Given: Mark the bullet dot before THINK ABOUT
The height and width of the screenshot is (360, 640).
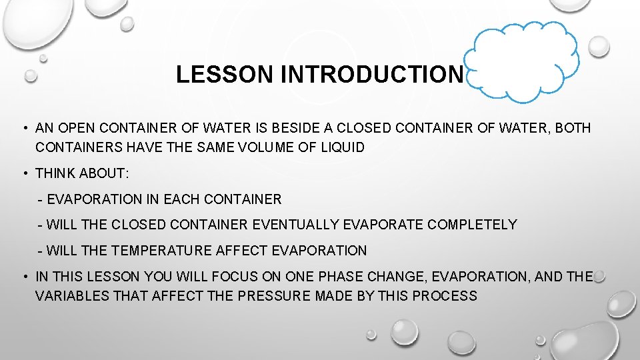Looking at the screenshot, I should click(x=25, y=173).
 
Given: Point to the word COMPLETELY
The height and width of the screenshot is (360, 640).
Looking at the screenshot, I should click(x=472, y=225).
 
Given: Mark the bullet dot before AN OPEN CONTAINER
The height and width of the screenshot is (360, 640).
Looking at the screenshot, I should click(x=25, y=128).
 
